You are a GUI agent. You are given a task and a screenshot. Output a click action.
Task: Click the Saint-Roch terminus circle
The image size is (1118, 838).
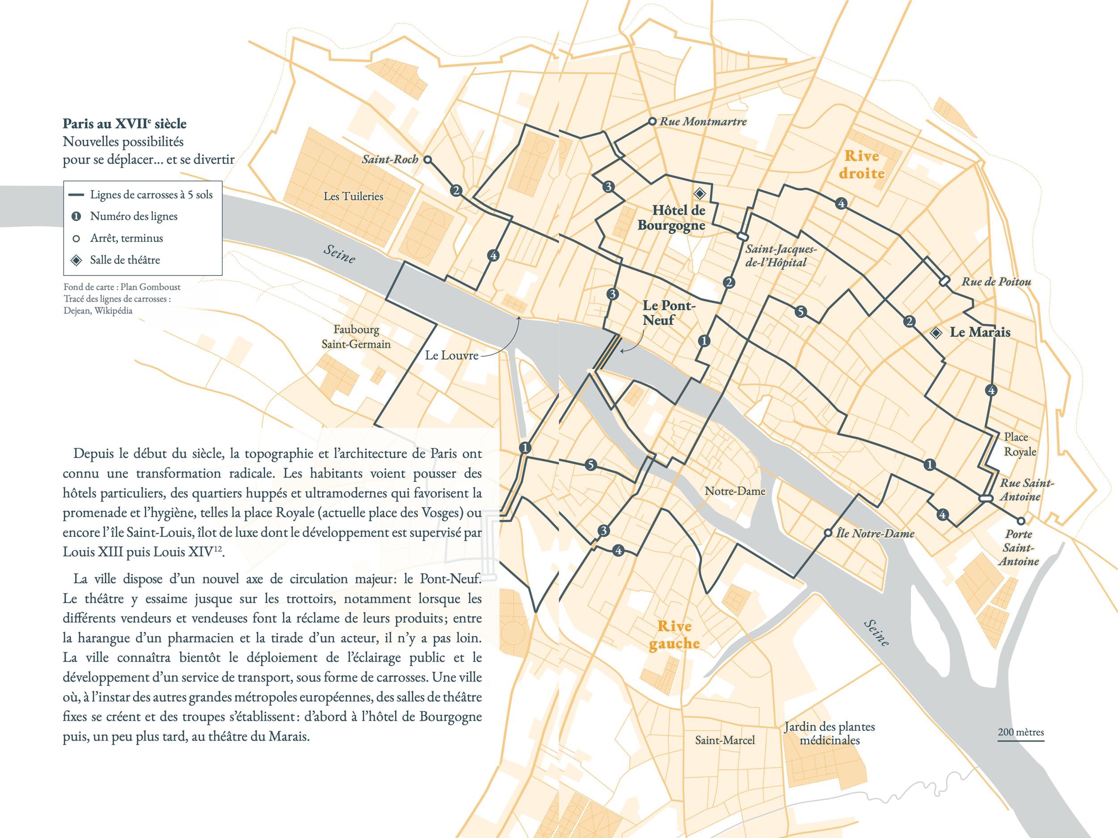pyautogui.click(x=427, y=160)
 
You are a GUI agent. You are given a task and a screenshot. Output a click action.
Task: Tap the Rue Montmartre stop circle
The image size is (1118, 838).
pyautogui.click(x=652, y=122)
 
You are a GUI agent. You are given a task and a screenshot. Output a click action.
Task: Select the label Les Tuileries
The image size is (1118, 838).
pyautogui.click(x=353, y=197)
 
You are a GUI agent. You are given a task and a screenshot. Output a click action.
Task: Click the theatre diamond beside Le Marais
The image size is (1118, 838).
pyautogui.click(x=936, y=333)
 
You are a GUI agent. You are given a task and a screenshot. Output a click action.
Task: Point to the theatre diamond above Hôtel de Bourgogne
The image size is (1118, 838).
pyautogui.click(x=699, y=193)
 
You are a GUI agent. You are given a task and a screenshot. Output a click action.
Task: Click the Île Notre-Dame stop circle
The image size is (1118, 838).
pyautogui.click(x=828, y=533)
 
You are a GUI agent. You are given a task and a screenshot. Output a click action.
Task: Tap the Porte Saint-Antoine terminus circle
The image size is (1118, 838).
pyautogui.click(x=1021, y=521)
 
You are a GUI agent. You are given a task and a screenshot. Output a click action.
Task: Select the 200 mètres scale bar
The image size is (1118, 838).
pyautogui.click(x=1021, y=741)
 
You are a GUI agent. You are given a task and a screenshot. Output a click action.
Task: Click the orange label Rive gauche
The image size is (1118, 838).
pyautogui.click(x=674, y=635)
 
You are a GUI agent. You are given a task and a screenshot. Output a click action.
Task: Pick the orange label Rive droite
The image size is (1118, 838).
pyautogui.click(x=861, y=164)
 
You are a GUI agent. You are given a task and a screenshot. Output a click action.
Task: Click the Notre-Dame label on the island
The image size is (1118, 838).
pyautogui.click(x=735, y=491)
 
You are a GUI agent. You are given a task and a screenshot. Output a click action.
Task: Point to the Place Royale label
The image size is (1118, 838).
pyautogui.click(x=1019, y=445)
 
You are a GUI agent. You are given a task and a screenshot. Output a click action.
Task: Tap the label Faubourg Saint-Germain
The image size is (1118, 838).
pyautogui.click(x=356, y=337)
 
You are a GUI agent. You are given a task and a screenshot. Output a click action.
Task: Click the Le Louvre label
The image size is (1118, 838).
pyautogui.click(x=451, y=356)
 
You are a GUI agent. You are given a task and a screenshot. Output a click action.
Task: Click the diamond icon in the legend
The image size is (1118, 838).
pyautogui.click(x=76, y=260)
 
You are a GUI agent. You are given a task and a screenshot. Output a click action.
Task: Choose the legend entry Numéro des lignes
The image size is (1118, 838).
pyautogui.click(x=133, y=216)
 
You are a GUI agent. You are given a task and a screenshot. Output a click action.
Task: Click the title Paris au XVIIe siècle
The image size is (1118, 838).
pyautogui.click(x=124, y=124)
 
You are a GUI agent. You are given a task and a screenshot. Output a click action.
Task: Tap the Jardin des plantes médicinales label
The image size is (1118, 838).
pyautogui.click(x=829, y=733)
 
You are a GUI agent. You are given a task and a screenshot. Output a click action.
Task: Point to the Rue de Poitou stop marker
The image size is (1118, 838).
pyautogui.click(x=944, y=281)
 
